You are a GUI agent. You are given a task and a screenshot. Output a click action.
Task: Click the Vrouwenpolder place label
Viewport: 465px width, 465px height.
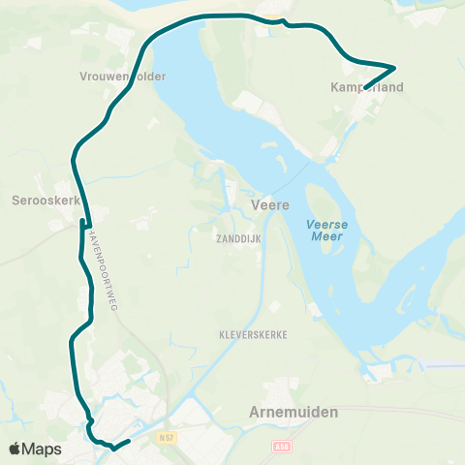[124, 76]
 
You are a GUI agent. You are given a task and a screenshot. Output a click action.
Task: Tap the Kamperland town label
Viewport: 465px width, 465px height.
[365, 87]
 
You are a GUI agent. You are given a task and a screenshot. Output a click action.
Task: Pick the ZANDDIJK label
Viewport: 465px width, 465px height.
[239, 235]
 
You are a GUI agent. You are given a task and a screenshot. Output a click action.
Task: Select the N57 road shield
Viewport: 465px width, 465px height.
[167, 438]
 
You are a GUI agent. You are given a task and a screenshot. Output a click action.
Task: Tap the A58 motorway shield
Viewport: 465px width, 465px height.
[281, 448]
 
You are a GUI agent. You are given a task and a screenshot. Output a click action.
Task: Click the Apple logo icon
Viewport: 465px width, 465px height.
[15, 449]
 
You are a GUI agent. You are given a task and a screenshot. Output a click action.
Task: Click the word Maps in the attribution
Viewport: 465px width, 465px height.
[43, 449]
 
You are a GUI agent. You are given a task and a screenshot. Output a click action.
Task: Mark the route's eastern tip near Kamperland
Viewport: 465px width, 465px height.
[394, 68]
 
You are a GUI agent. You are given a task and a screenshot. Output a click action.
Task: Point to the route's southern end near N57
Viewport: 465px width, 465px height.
[128, 443]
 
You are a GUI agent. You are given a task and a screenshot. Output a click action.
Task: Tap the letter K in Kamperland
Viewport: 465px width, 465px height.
[334, 87]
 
